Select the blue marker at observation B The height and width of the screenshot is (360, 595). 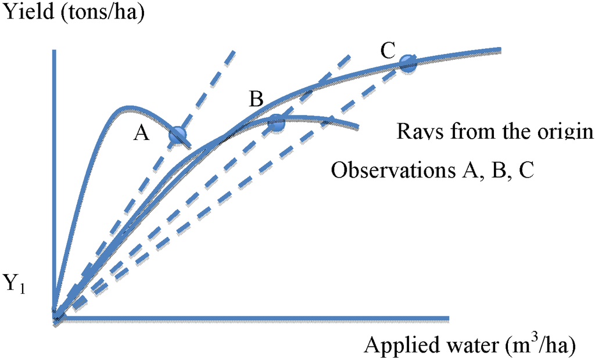click(277, 123)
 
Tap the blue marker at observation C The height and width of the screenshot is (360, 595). click(407, 63)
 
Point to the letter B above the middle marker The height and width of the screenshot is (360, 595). click(256, 99)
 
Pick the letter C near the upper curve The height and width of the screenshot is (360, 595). click(388, 52)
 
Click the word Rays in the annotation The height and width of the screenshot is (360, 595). click(418, 131)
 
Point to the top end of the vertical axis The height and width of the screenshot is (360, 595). click(53, 52)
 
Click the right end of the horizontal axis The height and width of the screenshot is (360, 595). click(448, 318)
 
